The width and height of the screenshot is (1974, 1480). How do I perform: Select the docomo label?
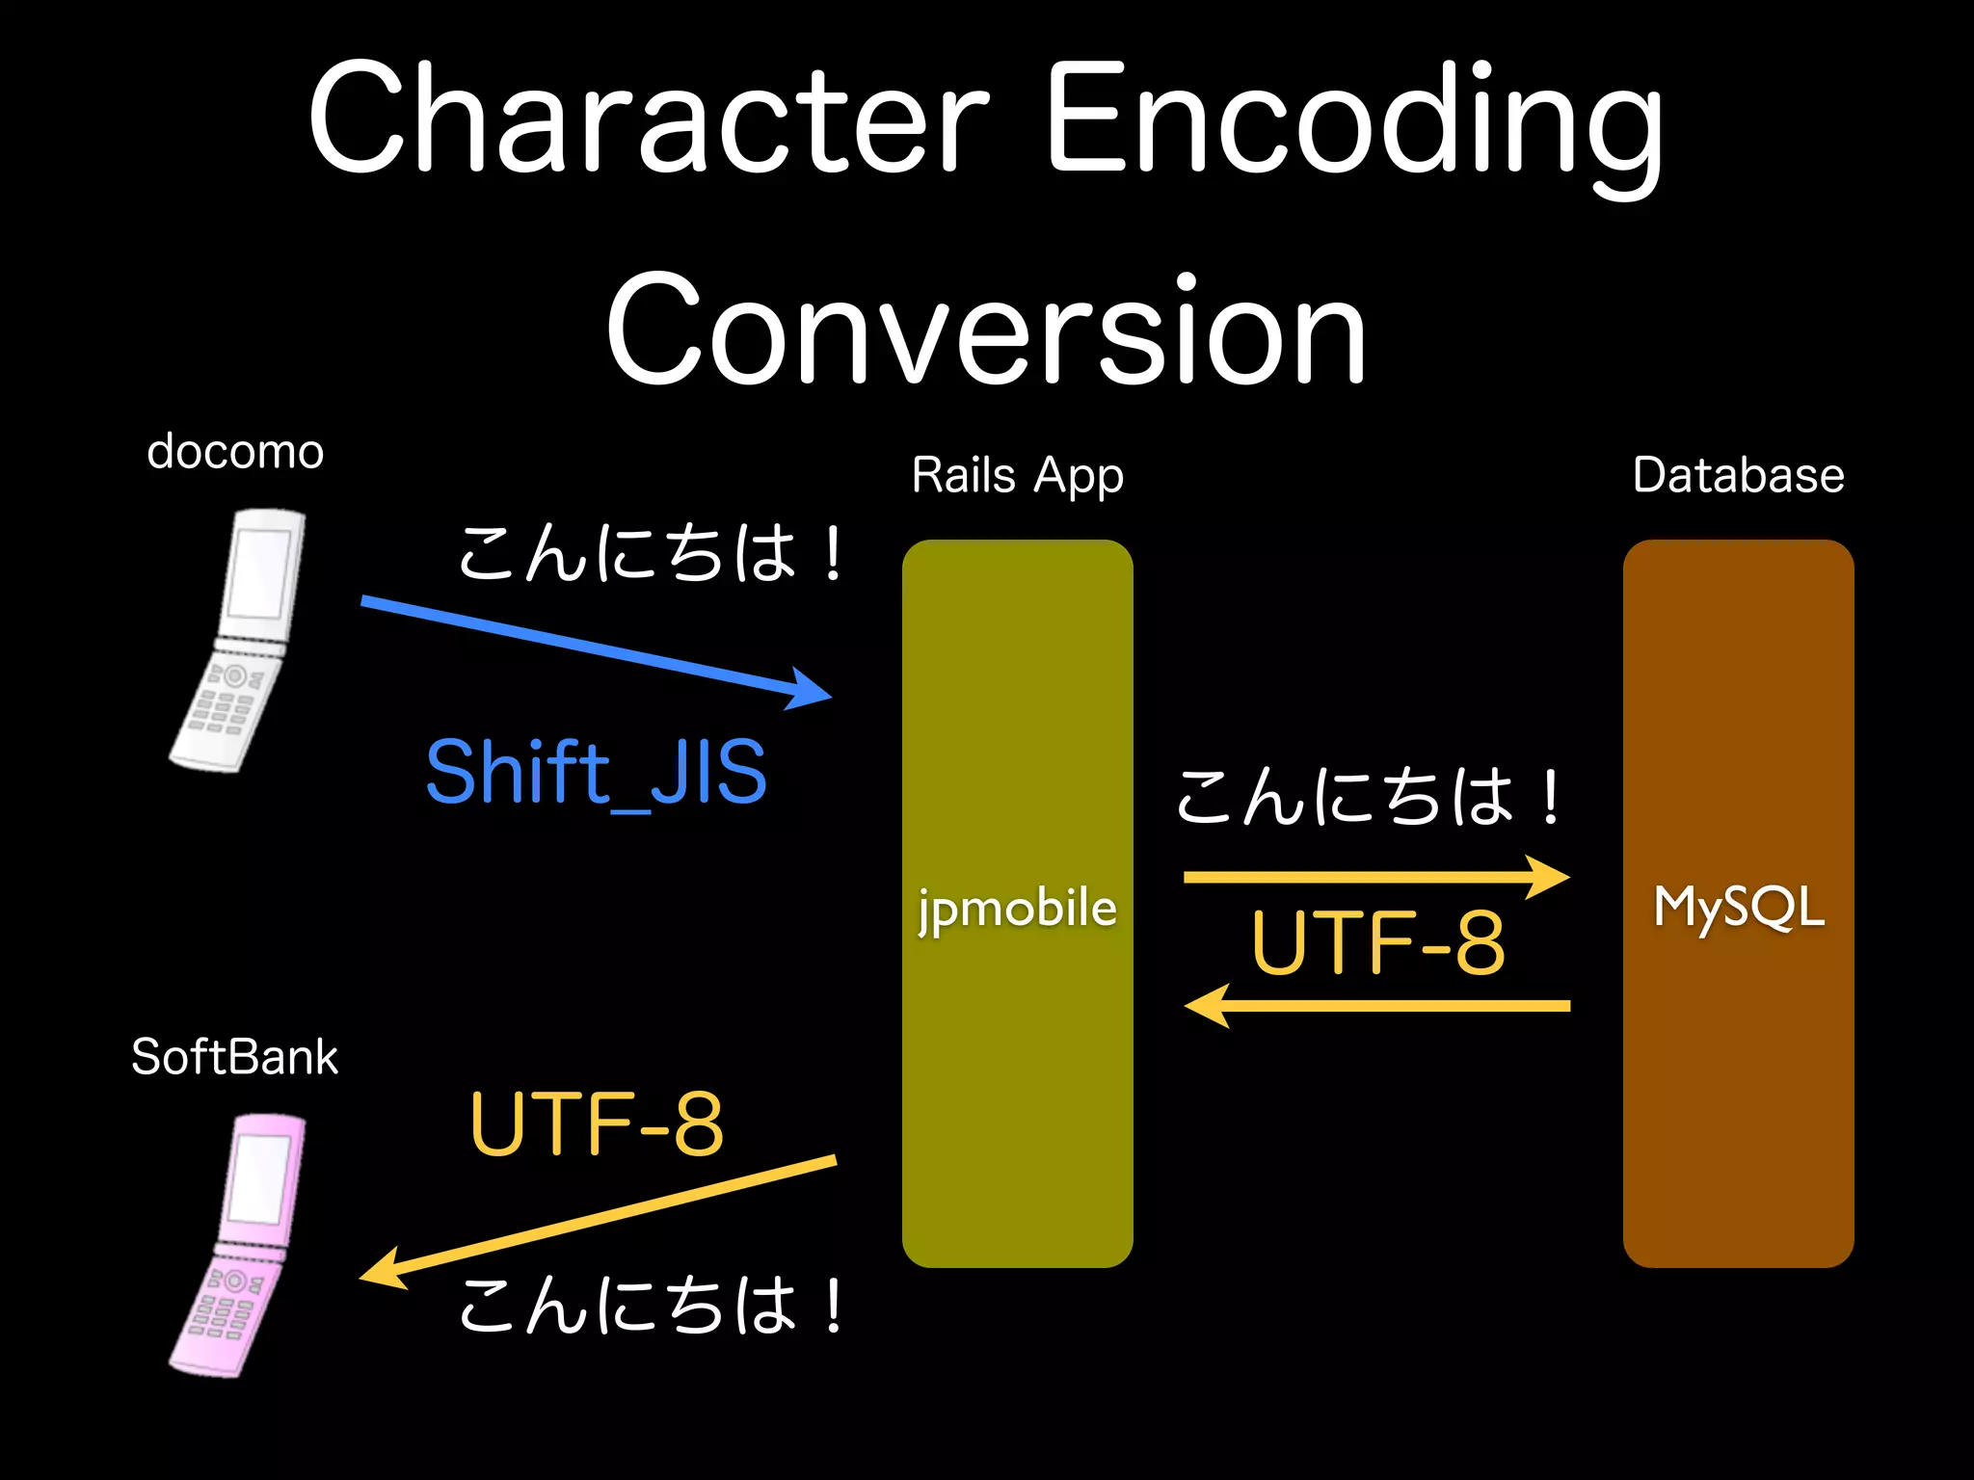(x=235, y=452)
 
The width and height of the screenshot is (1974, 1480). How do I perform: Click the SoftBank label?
(x=235, y=1057)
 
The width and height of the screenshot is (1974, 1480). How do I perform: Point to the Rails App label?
(x=1017, y=475)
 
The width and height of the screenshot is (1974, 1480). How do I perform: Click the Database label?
(x=1738, y=475)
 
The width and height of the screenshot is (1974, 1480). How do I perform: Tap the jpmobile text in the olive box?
(x=1017, y=909)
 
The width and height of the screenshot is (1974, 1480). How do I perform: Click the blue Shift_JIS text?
(x=596, y=772)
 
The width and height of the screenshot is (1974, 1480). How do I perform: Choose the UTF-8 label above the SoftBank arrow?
(x=596, y=1123)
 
